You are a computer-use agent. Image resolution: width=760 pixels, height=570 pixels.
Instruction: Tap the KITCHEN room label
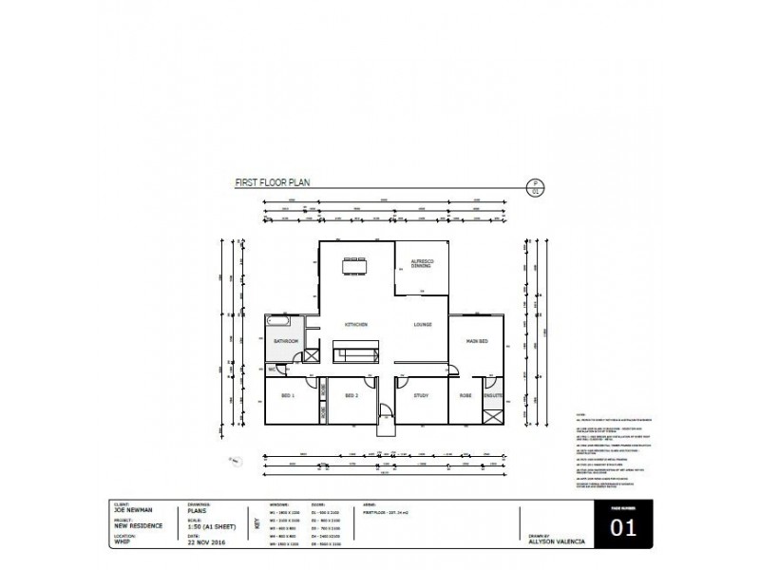click(x=356, y=326)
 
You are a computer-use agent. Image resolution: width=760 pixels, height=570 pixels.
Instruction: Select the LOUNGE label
click(x=423, y=326)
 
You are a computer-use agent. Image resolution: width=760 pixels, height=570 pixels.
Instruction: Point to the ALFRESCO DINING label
click(x=422, y=264)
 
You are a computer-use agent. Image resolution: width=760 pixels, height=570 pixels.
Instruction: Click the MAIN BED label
click(x=477, y=341)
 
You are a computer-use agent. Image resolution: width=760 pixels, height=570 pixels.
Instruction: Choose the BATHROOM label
click(x=287, y=341)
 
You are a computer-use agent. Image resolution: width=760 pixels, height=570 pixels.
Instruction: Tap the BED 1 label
click(x=288, y=395)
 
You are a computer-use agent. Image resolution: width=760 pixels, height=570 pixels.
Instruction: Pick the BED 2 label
click(x=351, y=395)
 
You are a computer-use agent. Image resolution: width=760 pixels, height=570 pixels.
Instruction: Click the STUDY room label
click(x=423, y=395)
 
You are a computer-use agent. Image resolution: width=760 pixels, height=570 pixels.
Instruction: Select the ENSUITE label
click(x=492, y=395)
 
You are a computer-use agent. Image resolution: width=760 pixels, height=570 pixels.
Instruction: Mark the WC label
click(x=271, y=369)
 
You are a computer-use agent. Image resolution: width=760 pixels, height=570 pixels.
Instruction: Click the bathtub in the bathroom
click(x=282, y=323)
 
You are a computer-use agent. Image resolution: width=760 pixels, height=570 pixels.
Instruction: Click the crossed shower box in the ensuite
click(x=492, y=415)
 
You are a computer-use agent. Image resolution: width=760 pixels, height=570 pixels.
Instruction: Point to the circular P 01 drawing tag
click(x=535, y=187)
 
